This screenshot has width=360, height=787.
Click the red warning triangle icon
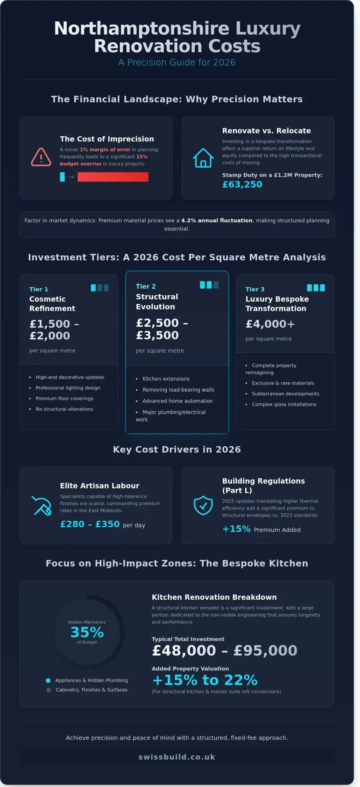(x=41, y=157)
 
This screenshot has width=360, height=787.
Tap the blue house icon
(x=203, y=158)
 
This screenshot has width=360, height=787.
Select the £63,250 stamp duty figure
(x=242, y=184)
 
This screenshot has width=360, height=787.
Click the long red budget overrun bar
(x=113, y=177)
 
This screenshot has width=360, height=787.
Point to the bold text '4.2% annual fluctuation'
(x=216, y=221)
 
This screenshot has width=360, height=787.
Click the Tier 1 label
(x=39, y=289)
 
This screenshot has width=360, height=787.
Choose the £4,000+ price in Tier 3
(x=270, y=324)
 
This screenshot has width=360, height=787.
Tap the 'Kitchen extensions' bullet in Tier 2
(x=166, y=379)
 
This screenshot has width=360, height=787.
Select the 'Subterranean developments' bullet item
(x=285, y=394)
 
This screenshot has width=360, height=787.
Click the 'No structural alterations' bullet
(x=64, y=409)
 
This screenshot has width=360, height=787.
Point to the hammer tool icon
(x=41, y=505)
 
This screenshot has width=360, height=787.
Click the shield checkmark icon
(x=203, y=505)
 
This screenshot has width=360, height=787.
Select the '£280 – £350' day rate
(x=90, y=524)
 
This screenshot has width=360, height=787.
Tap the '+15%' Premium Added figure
(x=236, y=529)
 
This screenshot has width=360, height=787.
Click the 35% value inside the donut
(x=87, y=632)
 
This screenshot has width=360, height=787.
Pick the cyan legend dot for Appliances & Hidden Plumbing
(x=48, y=680)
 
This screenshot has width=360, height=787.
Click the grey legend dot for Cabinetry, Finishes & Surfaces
(x=49, y=690)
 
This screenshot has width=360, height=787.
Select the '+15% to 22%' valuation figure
(x=205, y=680)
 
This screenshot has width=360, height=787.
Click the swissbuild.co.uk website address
(x=177, y=757)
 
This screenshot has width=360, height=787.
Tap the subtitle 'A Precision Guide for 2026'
(x=177, y=62)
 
